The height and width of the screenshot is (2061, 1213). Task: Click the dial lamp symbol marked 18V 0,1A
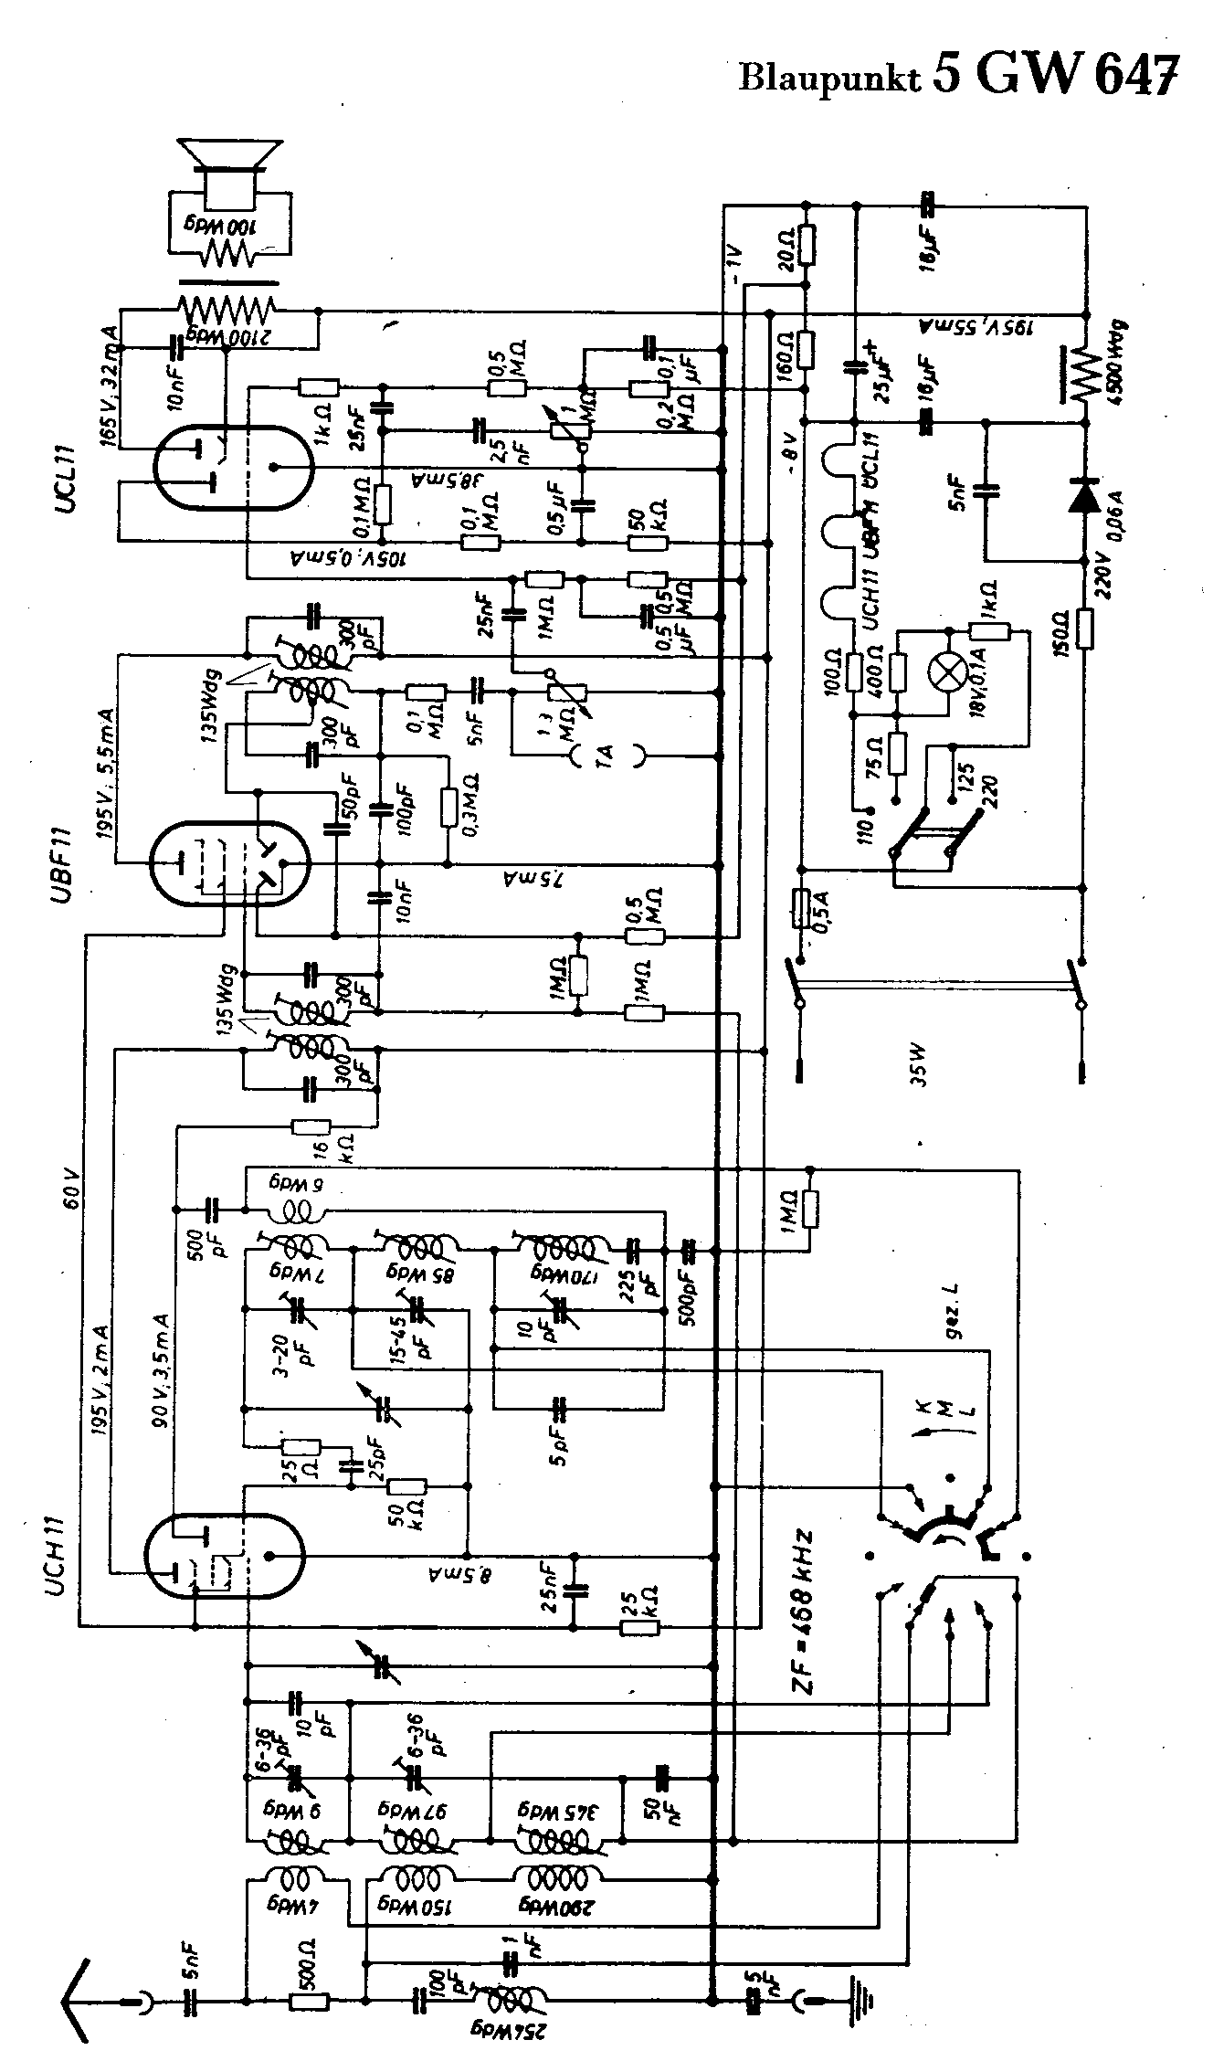(947, 674)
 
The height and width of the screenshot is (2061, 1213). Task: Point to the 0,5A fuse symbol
(801, 910)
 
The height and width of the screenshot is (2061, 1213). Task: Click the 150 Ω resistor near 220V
(1084, 629)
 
